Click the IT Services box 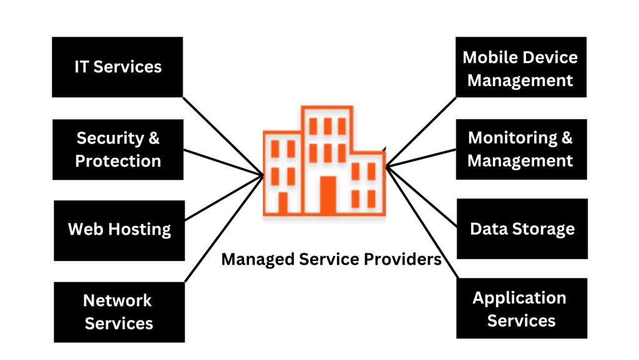pos(117,67)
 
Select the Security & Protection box pos(118,149)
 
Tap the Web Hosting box pos(119,230)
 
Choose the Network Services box pos(119,312)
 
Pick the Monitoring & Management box pos(520,149)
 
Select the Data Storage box pos(522,229)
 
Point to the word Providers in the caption pos(406,260)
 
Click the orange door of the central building pos(328,195)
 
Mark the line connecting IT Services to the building pos(222,135)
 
